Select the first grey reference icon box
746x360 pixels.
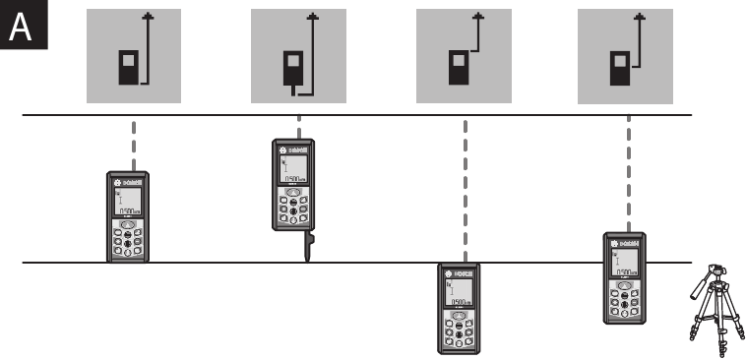[135, 55]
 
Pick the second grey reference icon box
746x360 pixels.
[299, 55]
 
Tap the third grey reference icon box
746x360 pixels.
[464, 55]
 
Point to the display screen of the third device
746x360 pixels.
[460, 292]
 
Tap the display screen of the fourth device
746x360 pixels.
[624, 262]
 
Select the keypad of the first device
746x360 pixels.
[129, 240]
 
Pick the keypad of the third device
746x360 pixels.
[460, 331]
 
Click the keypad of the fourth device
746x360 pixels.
[624, 301]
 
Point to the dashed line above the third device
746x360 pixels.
[462, 187]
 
